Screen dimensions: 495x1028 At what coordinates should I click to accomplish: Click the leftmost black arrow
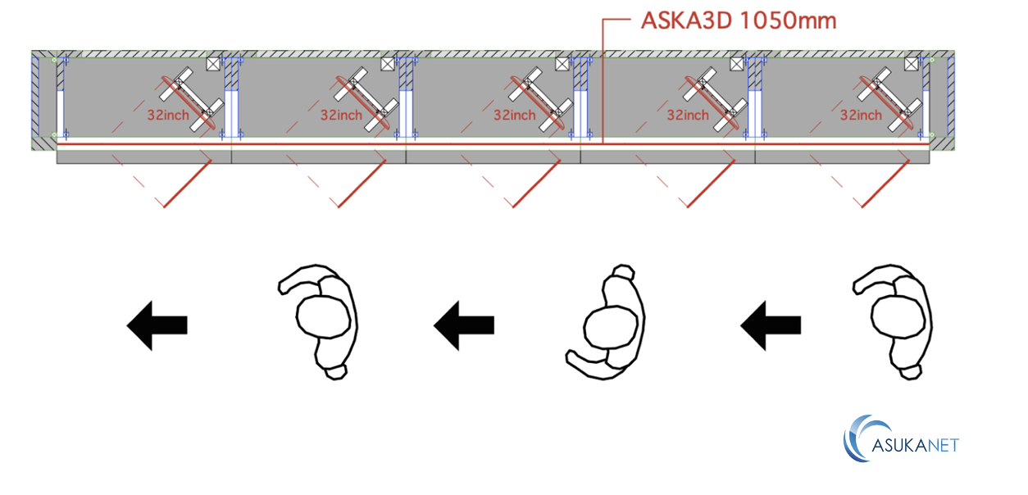pos(157,325)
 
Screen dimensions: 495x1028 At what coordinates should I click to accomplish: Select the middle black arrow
pos(464,325)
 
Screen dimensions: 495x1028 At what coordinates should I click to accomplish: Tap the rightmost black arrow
pos(771,325)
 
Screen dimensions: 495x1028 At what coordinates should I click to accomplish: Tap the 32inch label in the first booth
pos(168,115)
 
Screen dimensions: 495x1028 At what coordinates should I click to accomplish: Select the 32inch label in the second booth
pos(341,115)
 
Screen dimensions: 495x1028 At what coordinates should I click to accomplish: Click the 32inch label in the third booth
pos(515,115)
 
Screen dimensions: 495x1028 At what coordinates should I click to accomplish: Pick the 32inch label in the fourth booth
pos(688,115)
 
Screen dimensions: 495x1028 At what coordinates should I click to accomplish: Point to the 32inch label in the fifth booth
pos(861,115)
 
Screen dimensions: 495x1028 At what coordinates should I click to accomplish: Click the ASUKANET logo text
pos(915,445)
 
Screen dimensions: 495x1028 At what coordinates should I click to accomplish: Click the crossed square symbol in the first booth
pos(214,64)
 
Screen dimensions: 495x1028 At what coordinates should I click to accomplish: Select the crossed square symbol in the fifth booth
pos(911,64)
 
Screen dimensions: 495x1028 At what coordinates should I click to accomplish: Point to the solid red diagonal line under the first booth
pos(188,183)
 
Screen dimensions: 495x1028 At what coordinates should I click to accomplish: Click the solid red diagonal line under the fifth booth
pos(885,183)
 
